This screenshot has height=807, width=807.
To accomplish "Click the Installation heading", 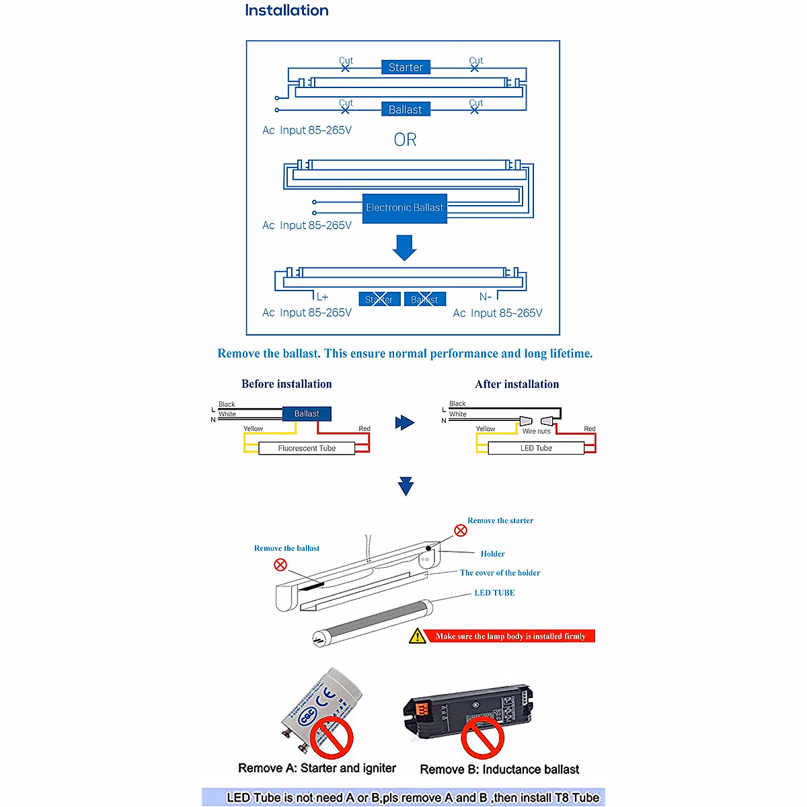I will pyautogui.click(x=286, y=11).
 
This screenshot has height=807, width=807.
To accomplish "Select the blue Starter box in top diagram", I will pyautogui.click(x=406, y=67).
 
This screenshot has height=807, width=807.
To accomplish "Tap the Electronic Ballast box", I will pyautogui.click(x=405, y=208).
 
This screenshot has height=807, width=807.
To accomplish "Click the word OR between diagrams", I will pyautogui.click(x=405, y=140).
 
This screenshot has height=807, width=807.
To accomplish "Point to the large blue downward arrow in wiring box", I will pyautogui.click(x=404, y=247).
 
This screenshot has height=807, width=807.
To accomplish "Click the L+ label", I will pyautogui.click(x=323, y=297).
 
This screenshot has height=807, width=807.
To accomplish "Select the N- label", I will pyautogui.click(x=486, y=297).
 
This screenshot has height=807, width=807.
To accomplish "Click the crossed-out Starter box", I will pyautogui.click(x=379, y=299).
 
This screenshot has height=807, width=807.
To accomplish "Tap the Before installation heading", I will pyautogui.click(x=286, y=384).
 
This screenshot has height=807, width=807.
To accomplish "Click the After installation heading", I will pyautogui.click(x=516, y=384).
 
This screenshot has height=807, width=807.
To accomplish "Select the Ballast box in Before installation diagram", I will pyautogui.click(x=307, y=414).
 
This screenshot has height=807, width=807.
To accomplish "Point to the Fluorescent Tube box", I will pyautogui.click(x=307, y=448).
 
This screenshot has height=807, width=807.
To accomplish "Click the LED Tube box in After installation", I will pyautogui.click(x=536, y=448).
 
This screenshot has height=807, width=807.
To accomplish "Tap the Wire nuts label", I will pyautogui.click(x=536, y=431).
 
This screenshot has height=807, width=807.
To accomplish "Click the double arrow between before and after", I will pyautogui.click(x=404, y=422).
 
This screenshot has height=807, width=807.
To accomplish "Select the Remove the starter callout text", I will pyautogui.click(x=500, y=521).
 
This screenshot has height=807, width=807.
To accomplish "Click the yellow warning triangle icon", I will pyautogui.click(x=418, y=636).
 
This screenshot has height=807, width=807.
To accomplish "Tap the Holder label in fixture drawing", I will pyautogui.click(x=492, y=554).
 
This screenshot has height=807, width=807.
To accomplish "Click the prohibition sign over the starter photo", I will pyautogui.click(x=332, y=737).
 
